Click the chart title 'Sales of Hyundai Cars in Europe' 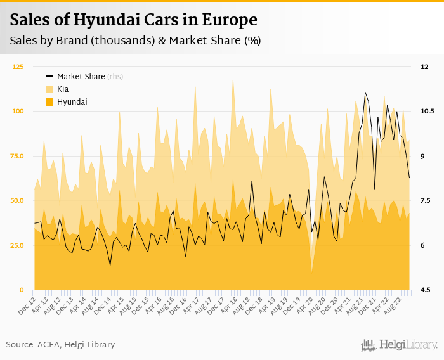[134, 20]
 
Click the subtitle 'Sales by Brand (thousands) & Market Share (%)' [135, 41]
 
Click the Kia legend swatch [49, 89]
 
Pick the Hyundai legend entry [72, 102]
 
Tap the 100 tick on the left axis [18, 112]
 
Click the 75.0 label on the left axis [18, 156]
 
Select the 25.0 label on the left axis [18, 245]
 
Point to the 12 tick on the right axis [424, 67]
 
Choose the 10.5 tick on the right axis [427, 112]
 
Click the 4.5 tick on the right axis [426, 290]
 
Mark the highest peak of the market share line [365, 93]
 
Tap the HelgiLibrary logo [400, 345]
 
